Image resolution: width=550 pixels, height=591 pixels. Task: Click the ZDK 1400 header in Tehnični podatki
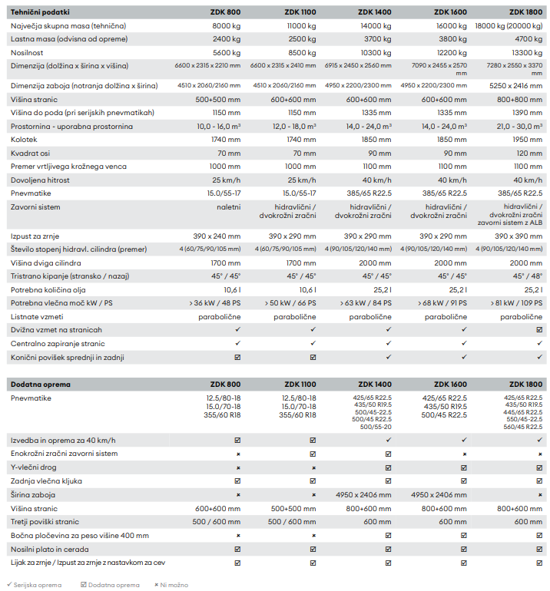375,12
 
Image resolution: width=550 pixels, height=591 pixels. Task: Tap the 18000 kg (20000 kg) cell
509,26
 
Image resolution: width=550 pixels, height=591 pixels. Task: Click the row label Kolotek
24,140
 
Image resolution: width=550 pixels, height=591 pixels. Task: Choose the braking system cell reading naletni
228,207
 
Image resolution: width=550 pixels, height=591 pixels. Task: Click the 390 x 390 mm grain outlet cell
519,236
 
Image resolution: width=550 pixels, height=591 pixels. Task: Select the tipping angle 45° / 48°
528,276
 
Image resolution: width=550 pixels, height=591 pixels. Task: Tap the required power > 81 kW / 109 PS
516,303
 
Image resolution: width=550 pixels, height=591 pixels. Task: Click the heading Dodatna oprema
41,385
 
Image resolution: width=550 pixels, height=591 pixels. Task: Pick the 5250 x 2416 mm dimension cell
515,86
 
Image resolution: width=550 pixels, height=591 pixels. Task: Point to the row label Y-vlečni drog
34,467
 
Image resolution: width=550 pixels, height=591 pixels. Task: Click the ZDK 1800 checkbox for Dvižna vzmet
539,330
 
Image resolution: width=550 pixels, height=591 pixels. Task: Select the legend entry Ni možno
171,585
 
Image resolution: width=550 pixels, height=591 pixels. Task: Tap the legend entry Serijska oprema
34,585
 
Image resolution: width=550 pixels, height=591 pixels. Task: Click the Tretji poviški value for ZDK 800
216,522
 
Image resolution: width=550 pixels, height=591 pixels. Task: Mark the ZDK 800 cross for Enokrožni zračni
238,454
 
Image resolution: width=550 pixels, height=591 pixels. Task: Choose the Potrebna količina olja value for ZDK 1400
383,290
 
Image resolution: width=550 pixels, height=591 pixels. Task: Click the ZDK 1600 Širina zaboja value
439,495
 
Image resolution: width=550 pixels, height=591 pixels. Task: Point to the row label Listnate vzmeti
37,317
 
